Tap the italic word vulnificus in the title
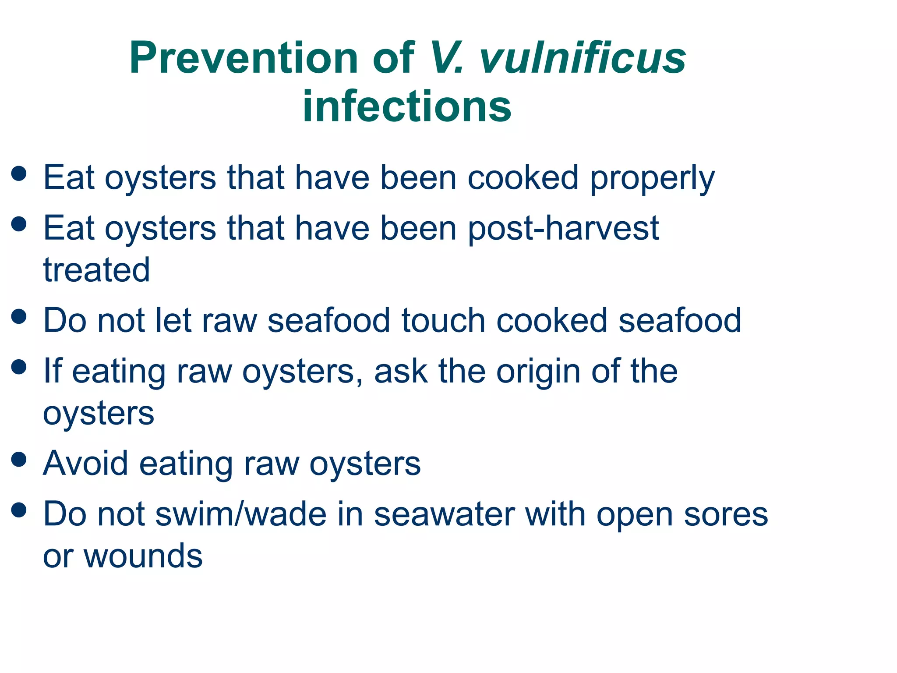click(x=582, y=58)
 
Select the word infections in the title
click(x=407, y=106)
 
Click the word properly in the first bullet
click(x=652, y=178)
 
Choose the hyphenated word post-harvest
click(x=563, y=228)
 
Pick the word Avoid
click(x=85, y=463)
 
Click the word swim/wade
click(x=241, y=514)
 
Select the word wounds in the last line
click(x=143, y=556)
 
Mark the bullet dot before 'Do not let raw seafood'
click(x=19, y=316)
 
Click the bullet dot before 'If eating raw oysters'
click(x=19, y=367)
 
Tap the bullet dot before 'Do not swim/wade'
click(x=19, y=510)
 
